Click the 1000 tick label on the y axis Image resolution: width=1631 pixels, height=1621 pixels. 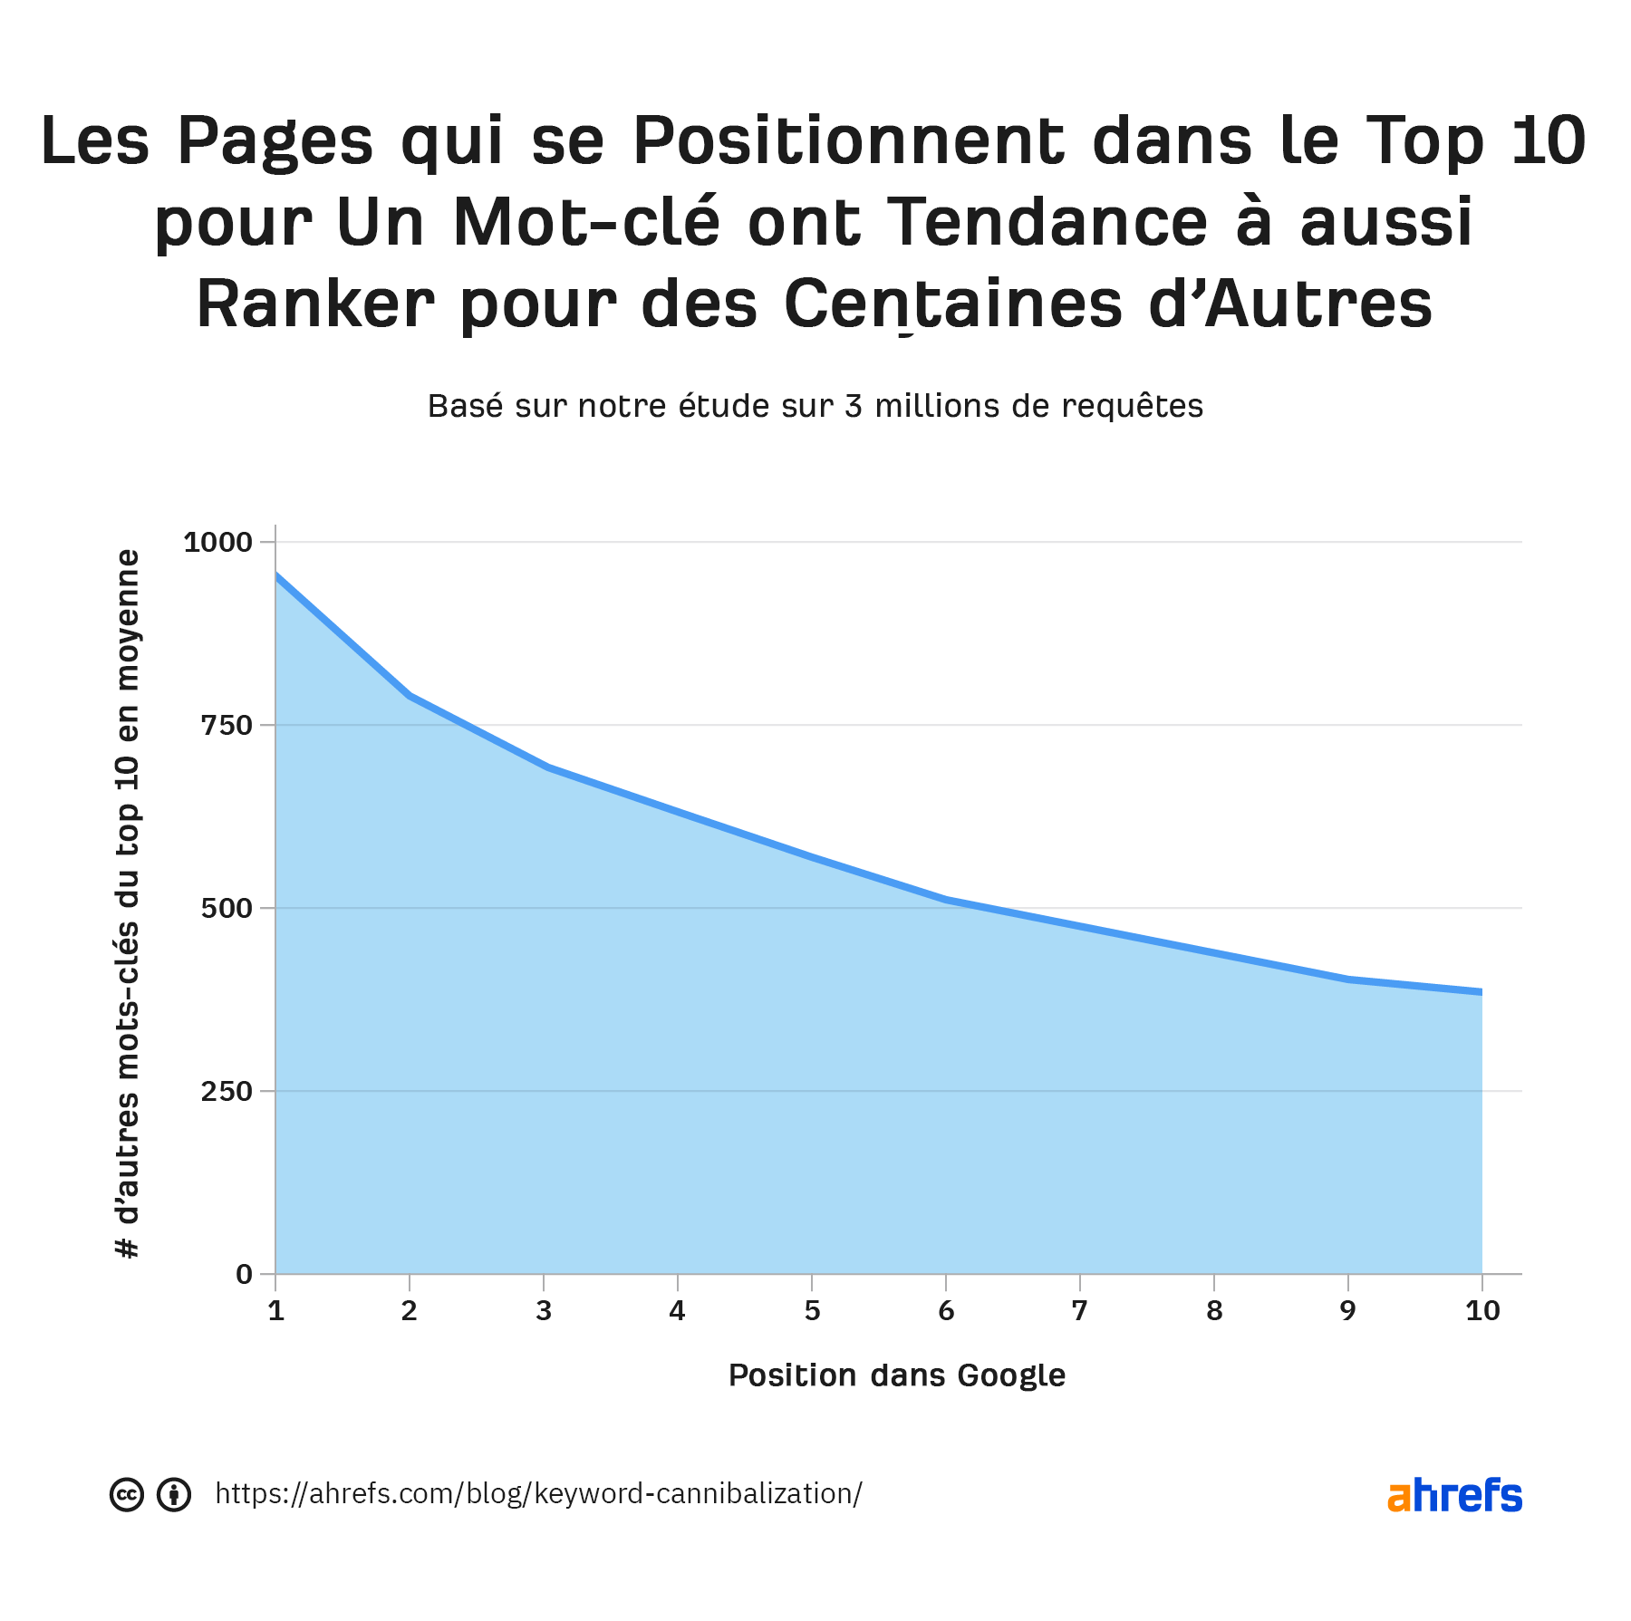pyautogui.click(x=217, y=542)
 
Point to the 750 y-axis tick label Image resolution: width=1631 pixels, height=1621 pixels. pyautogui.click(x=227, y=725)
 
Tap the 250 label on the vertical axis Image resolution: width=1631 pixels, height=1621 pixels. pyautogui.click(x=227, y=1091)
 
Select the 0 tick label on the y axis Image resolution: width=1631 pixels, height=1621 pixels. pyautogui.click(x=244, y=1274)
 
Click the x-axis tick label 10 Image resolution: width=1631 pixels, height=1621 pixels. pyautogui.click(x=1482, y=1310)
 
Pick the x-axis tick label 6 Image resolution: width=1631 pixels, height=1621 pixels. pyautogui.click(x=946, y=1310)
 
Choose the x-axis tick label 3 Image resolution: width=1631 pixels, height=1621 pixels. pyautogui.click(x=544, y=1310)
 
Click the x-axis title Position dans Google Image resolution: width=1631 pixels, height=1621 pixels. pyautogui.click(x=897, y=1375)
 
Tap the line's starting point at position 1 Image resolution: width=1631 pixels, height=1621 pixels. pyautogui.click(x=276, y=574)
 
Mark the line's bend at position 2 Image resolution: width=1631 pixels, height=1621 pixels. pyautogui.click(x=410, y=696)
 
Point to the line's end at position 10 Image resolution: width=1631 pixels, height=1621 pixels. pyautogui.click(x=1481, y=992)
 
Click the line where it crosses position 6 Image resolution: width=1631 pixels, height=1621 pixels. pyautogui.click(x=946, y=899)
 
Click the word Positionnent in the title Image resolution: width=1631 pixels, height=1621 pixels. pyautogui.click(x=848, y=141)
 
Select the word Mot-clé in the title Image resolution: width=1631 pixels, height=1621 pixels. pyautogui.click(x=587, y=223)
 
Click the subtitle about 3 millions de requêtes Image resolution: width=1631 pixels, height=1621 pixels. pyautogui.click(x=815, y=406)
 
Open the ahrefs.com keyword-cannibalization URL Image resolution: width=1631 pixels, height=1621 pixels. pyautogui.click(x=538, y=1493)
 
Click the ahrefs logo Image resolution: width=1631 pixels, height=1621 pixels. pyautogui.click(x=1454, y=1495)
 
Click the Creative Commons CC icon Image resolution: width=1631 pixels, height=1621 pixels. pyautogui.click(x=127, y=1494)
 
